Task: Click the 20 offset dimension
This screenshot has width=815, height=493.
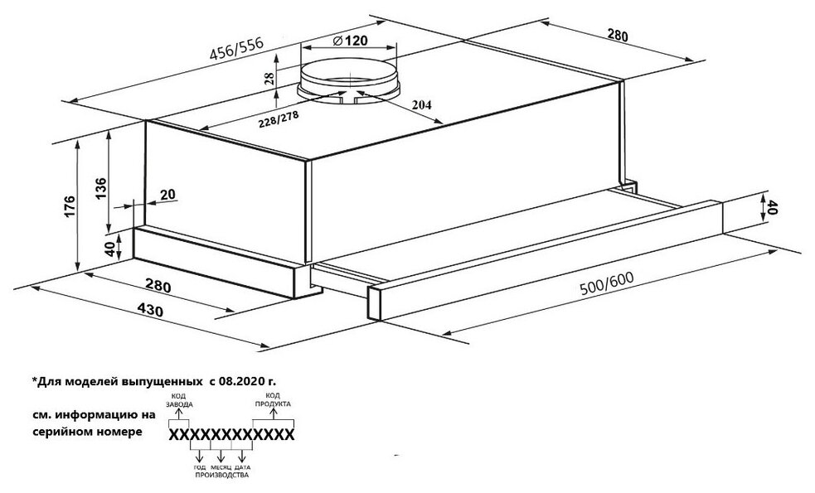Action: click(x=167, y=195)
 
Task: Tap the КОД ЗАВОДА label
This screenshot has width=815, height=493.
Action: click(x=182, y=400)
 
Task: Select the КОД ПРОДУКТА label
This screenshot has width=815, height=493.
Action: click(x=273, y=400)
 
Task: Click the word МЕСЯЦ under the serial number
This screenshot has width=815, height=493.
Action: click(x=221, y=467)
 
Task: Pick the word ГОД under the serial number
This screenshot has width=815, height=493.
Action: click(x=200, y=467)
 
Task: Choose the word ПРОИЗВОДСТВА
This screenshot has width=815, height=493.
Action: click(x=221, y=476)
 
